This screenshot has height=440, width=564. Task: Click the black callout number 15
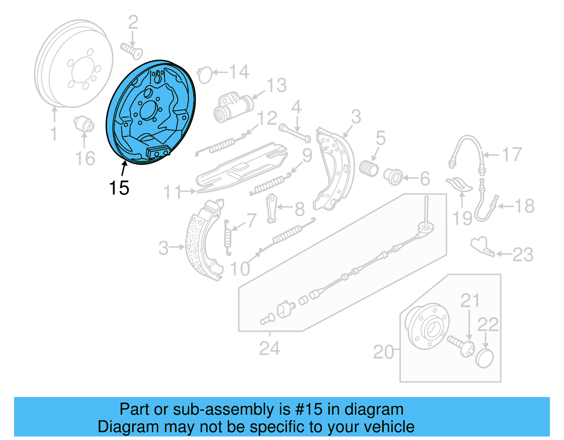[x=119, y=188]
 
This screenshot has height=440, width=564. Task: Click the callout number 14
[x=239, y=72]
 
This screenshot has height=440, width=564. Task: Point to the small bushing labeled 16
[x=84, y=124]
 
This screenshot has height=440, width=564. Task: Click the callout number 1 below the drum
[x=54, y=134]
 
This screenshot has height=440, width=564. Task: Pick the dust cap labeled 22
[x=485, y=359]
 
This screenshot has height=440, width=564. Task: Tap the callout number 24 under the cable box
[x=270, y=348]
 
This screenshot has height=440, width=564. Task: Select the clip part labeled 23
[x=482, y=246]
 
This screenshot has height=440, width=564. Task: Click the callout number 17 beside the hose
[x=511, y=155]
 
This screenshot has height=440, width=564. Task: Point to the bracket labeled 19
[x=459, y=184]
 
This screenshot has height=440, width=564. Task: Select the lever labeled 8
[x=272, y=208]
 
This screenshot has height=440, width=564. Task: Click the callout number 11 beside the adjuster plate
[x=173, y=192]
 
